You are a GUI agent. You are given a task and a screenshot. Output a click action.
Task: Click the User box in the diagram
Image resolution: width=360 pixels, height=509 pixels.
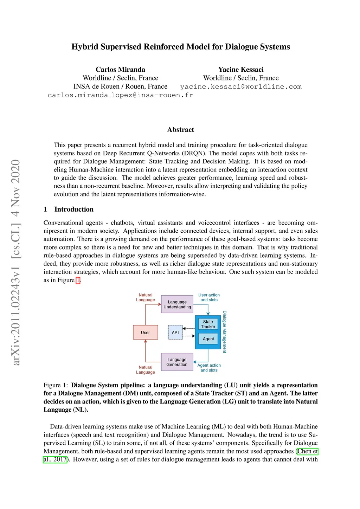pos(145,332)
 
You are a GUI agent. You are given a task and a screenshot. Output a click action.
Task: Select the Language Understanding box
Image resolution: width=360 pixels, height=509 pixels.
pos(177,304)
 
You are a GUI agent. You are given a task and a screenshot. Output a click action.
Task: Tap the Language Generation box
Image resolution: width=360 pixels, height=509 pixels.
pos(177,362)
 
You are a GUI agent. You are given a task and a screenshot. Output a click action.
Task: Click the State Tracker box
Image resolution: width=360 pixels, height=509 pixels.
pos(208,324)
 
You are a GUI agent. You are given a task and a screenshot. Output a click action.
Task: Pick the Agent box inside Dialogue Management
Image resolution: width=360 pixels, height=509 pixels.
pos(208,339)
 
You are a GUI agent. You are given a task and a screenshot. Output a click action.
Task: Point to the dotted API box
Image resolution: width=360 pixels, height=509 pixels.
pos(175,332)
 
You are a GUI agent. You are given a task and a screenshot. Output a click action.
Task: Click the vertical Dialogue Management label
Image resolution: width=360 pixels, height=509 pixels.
pos(225,331)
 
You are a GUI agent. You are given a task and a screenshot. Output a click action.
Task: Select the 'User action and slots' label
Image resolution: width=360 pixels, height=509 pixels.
pos(209,297)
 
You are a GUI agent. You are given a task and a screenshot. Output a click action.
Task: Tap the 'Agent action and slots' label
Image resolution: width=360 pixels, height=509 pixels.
pos(209,368)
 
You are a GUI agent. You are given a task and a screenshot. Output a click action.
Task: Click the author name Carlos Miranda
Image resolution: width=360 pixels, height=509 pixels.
pos(120,69)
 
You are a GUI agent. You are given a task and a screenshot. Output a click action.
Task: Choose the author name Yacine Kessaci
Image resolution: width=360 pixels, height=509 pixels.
pos(241,69)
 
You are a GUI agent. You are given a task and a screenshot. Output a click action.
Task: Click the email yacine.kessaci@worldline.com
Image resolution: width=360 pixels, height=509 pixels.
pos(241,87)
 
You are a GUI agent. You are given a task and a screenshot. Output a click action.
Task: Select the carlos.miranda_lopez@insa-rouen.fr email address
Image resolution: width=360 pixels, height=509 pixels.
pos(120,95)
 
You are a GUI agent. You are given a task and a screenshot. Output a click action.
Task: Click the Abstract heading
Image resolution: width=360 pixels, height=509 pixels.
pos(180,130)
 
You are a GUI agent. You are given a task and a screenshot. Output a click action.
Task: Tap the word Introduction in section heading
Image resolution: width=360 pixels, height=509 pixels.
pos(74,209)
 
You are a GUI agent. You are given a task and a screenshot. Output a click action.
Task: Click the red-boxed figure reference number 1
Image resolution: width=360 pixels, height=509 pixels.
pos(78,280)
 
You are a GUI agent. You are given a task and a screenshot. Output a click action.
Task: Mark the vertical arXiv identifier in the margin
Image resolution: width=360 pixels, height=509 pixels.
pos(16,262)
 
